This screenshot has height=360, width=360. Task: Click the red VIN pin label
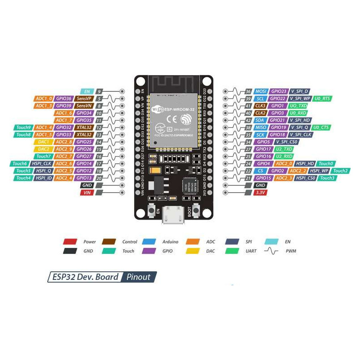pos(87,193)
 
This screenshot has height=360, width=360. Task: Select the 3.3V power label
pos(260,193)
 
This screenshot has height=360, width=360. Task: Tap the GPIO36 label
pos(64,99)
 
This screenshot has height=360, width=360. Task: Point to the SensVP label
pos(84,99)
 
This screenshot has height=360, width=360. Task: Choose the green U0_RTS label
pos(323,99)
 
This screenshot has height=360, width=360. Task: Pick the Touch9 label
pos(23,127)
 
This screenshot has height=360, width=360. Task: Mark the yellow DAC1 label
pos(44,142)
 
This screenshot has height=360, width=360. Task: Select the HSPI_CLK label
pos(41,164)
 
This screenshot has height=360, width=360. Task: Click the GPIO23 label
pos(279,91)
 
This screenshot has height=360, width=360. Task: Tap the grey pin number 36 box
pos(248,91)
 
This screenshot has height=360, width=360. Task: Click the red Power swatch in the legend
pos(70,242)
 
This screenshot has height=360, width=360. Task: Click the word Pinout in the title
pos(139,277)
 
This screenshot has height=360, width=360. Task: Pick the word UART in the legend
pos(251,251)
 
